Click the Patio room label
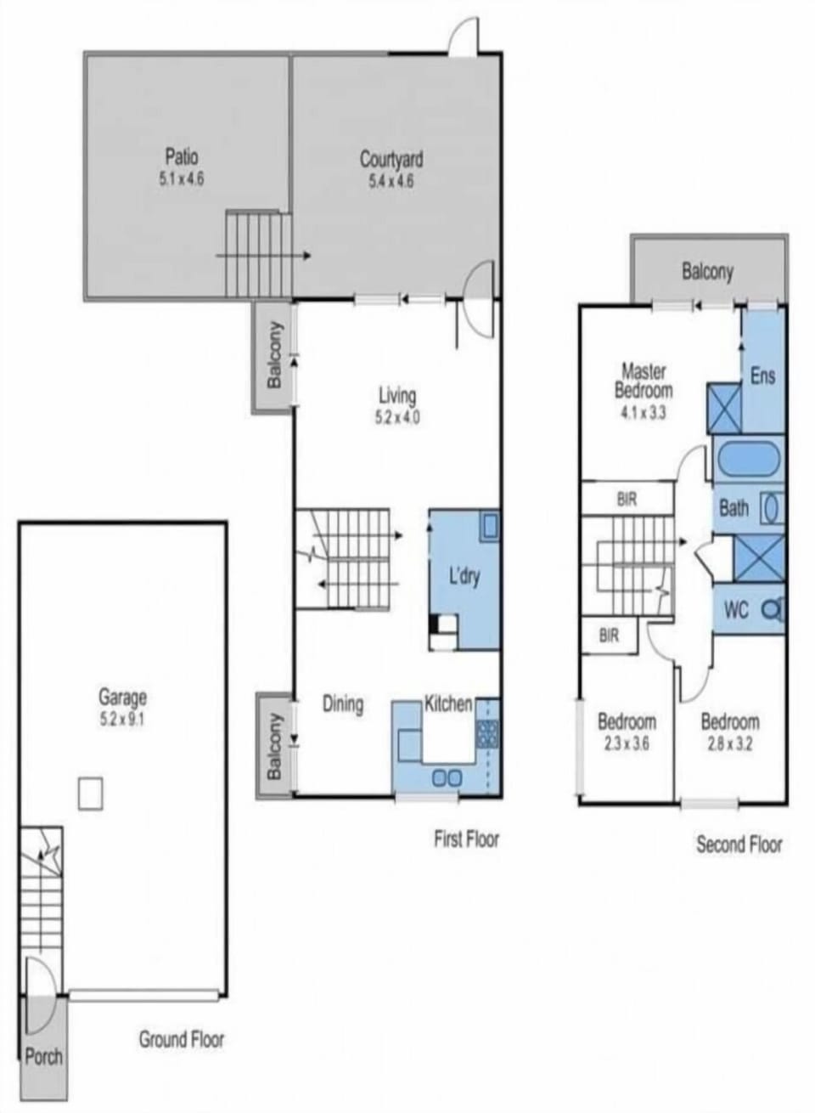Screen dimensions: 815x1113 (x=182, y=157)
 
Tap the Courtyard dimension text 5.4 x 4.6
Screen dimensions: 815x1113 (x=391, y=182)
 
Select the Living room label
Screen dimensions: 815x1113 (x=397, y=396)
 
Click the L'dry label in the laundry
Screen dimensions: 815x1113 (x=464, y=578)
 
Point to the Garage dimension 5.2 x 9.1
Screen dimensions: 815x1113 (x=122, y=720)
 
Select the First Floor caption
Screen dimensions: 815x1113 (x=467, y=839)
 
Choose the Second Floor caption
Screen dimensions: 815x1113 (x=739, y=845)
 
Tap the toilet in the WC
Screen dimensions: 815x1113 (x=773, y=608)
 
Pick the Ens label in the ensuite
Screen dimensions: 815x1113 (x=762, y=376)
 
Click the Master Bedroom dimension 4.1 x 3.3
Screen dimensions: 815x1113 (x=644, y=413)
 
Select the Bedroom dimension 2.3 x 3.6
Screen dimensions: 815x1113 (x=627, y=743)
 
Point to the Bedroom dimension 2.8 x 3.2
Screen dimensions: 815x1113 (x=729, y=743)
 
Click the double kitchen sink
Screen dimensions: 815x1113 (x=447, y=777)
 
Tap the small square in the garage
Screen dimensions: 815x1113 (x=91, y=794)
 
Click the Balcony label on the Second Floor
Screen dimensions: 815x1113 (x=707, y=272)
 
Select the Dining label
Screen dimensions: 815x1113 (x=343, y=704)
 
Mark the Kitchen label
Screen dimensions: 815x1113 (x=448, y=703)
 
